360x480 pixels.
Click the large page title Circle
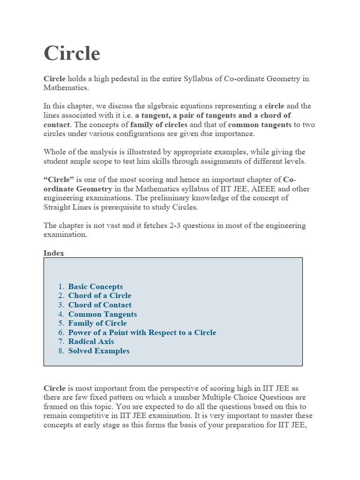coord(72,53)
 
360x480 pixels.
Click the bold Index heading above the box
coord(54,253)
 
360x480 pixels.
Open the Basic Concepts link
coord(96,286)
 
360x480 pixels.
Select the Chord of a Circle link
coord(100,296)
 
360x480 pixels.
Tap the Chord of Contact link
coord(100,305)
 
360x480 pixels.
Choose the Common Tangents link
coord(103,314)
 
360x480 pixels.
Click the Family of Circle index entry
coord(97,323)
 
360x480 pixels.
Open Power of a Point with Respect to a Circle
coord(142,332)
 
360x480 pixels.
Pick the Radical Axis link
coord(91,342)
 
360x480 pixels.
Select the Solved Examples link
coord(99,351)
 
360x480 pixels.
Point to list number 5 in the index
coord(61,323)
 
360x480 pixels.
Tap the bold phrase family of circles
coord(159,125)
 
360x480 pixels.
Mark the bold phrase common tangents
coord(259,125)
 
